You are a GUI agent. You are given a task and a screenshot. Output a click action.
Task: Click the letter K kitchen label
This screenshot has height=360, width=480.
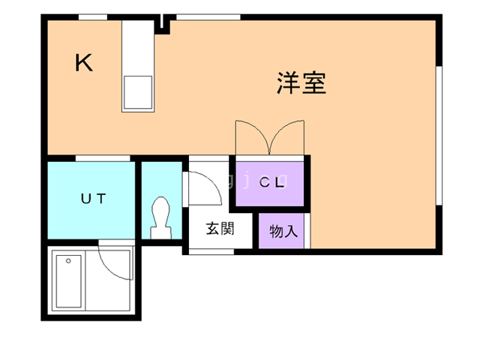(x=83, y=63)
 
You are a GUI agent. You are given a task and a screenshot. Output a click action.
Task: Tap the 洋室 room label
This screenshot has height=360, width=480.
(x=301, y=83)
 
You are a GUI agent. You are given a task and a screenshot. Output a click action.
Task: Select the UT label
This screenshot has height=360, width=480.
(x=93, y=199)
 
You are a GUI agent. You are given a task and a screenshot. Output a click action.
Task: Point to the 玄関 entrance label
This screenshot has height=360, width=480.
(x=220, y=229)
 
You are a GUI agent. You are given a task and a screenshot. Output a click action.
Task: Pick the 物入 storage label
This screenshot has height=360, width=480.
(x=283, y=231)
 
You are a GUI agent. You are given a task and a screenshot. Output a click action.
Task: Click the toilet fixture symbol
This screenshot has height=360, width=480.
(x=161, y=217)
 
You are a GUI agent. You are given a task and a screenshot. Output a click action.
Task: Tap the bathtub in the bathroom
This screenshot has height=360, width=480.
(x=68, y=281)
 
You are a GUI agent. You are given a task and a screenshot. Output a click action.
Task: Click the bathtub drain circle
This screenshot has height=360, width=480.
(x=68, y=261)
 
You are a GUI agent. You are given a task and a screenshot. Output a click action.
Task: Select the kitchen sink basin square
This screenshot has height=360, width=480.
(x=138, y=92)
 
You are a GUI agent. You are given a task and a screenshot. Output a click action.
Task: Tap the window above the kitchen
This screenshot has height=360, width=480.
(x=93, y=17)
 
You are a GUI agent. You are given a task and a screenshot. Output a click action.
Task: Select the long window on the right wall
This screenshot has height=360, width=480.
(x=439, y=136)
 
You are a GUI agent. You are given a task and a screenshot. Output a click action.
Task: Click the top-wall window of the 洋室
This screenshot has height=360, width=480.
(x=208, y=17)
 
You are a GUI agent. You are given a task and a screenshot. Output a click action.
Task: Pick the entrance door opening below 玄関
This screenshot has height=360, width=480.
(x=211, y=252)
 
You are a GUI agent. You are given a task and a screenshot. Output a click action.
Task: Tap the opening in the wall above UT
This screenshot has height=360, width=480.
(x=103, y=158)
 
